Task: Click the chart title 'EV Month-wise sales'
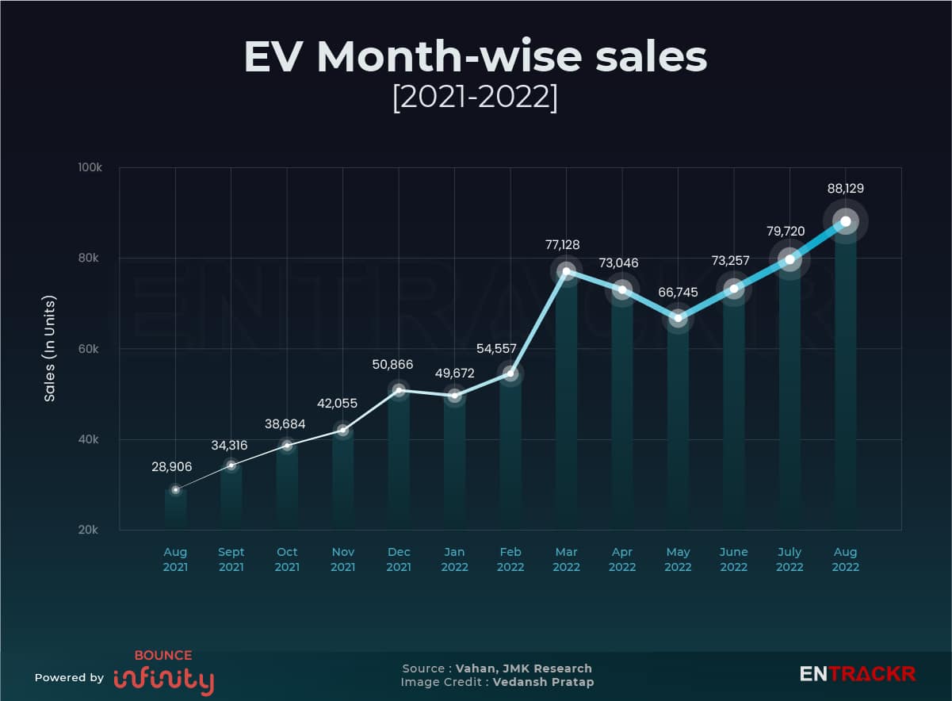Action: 476,57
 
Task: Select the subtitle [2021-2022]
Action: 476,98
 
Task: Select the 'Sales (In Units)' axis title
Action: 49,349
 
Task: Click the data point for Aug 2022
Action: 846,221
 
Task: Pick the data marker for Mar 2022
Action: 566,271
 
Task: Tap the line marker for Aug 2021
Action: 175,490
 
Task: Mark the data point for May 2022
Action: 678,318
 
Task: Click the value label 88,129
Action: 845,189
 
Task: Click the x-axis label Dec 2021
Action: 398,559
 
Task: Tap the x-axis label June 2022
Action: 733,559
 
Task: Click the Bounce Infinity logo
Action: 163,673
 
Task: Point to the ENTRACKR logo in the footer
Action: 857,674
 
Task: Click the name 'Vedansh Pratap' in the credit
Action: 543,682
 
